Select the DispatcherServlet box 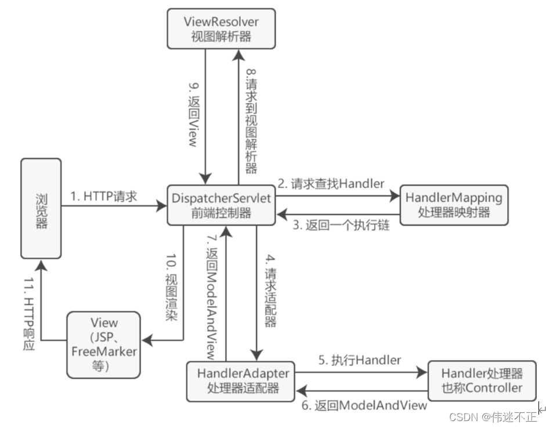click(222, 205)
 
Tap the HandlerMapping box click(454, 205)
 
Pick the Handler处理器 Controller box click(482, 380)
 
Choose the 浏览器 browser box click(41, 208)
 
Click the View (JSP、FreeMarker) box click(104, 344)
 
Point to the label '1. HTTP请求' click(104, 197)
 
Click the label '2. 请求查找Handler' click(330, 184)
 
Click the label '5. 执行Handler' click(359, 360)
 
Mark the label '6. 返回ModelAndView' click(364, 405)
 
